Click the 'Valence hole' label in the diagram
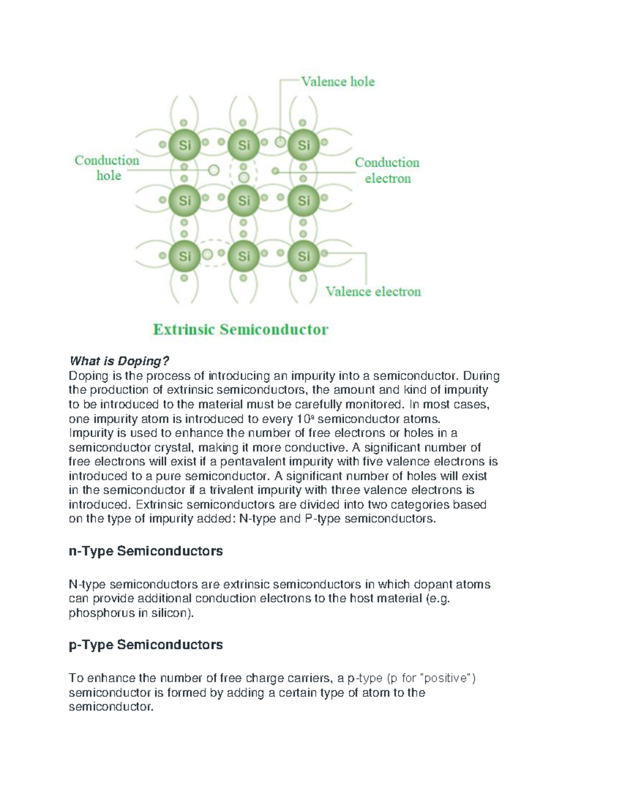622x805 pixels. point(337,82)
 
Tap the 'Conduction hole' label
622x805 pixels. point(107,168)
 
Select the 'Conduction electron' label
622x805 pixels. point(387,171)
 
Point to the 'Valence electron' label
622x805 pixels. point(373,292)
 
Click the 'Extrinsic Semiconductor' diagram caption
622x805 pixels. point(241,330)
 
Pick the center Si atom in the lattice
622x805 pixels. point(244,200)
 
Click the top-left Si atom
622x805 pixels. point(185,146)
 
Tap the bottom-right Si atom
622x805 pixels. point(303,256)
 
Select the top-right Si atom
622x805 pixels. point(303,146)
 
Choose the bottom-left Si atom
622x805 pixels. point(185,256)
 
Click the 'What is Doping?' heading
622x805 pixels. point(119,361)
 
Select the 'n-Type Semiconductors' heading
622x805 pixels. point(146,551)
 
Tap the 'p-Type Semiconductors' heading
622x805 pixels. point(146,645)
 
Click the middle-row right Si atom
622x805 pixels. point(303,200)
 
